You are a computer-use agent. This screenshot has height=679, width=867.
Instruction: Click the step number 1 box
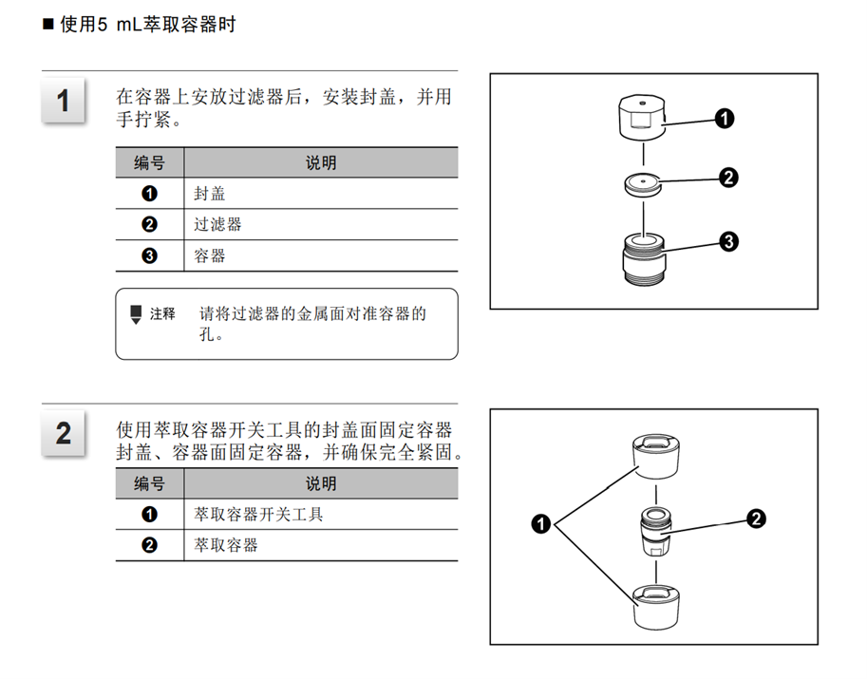pyautogui.click(x=63, y=100)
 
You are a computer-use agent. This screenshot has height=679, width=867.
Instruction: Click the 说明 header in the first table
pyautogui.click(x=321, y=163)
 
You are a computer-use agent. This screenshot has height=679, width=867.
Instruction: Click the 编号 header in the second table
pyautogui.click(x=150, y=484)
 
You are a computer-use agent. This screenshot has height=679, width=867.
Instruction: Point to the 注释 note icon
pyautogui.click(x=136, y=314)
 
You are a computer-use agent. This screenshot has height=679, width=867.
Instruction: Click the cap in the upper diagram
pyautogui.click(x=641, y=118)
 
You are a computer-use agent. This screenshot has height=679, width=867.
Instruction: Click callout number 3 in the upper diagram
pyautogui.click(x=728, y=242)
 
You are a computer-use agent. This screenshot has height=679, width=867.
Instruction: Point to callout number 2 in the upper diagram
pyautogui.click(x=728, y=178)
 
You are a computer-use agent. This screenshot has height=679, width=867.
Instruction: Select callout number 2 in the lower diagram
pyautogui.click(x=756, y=519)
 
